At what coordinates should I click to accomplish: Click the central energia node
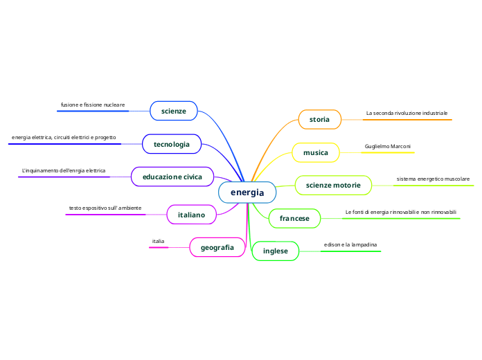(247, 192)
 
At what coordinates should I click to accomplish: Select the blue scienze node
(174, 111)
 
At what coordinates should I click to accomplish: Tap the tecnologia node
(172, 144)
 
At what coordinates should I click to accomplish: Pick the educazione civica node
(172, 177)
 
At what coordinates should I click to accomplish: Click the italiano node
(192, 215)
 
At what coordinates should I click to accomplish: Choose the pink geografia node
(217, 247)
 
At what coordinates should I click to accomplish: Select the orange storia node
(319, 120)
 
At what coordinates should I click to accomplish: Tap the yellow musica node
(316, 152)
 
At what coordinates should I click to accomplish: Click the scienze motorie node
(333, 186)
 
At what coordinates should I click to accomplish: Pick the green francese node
(294, 219)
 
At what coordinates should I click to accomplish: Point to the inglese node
(275, 251)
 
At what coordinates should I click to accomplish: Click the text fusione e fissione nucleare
(93, 105)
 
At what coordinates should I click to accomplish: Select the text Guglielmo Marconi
(388, 147)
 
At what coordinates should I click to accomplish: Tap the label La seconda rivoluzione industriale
(407, 113)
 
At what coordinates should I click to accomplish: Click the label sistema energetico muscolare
(433, 179)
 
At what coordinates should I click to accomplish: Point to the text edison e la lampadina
(350, 245)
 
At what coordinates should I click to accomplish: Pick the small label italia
(159, 241)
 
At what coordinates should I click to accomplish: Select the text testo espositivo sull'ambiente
(105, 208)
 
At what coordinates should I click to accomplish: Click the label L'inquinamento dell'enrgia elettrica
(64, 170)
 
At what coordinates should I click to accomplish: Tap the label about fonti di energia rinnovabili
(401, 212)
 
